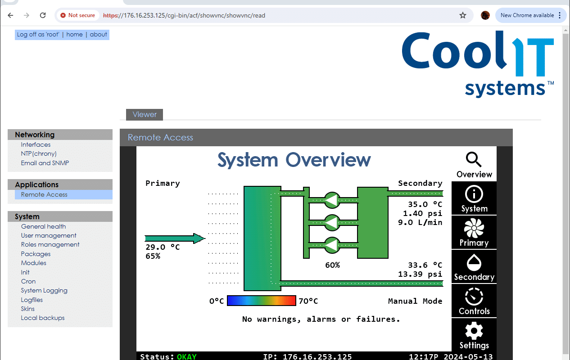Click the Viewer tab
pos(144,114)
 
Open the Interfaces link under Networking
pos(36,144)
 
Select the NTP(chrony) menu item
pos(39,153)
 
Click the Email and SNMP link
pos(45,163)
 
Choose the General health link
pos(43,226)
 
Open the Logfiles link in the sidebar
pos(32,300)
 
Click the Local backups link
pos(42,318)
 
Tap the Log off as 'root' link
pos(38,34)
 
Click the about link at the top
pos(98,34)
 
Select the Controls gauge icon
pos(474,297)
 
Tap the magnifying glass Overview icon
pos(474,159)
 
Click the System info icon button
pos(474,194)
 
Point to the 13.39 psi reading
pos(420,274)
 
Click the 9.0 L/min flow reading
pos(420,223)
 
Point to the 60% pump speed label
pos(332,265)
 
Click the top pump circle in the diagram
pos(332,200)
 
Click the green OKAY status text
pos(187,356)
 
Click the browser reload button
pos(43,15)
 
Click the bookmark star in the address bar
pos(462,15)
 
